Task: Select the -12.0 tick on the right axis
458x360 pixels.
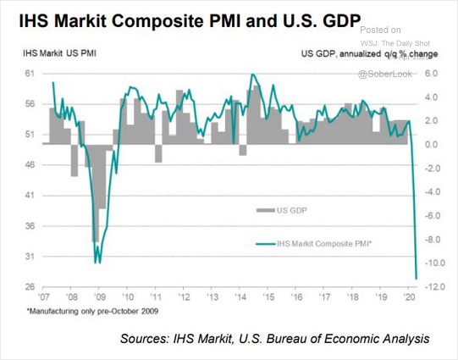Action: coord(435,287)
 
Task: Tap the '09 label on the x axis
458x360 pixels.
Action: coord(99,299)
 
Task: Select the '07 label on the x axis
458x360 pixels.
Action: coord(43,299)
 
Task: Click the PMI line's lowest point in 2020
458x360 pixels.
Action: coord(416,277)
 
